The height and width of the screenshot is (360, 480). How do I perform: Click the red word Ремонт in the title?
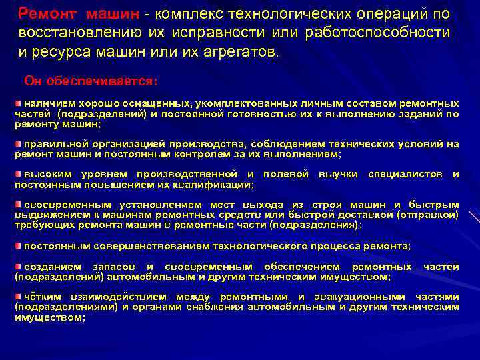(46, 14)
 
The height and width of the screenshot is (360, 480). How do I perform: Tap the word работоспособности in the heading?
(377, 33)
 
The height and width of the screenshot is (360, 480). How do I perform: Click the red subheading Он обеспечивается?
(91, 81)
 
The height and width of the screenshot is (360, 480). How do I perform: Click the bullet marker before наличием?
(18, 104)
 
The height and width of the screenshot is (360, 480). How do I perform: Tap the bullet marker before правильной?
(18, 143)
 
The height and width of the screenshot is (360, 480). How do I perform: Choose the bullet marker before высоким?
(18, 173)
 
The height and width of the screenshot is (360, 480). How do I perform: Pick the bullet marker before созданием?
(18, 267)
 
